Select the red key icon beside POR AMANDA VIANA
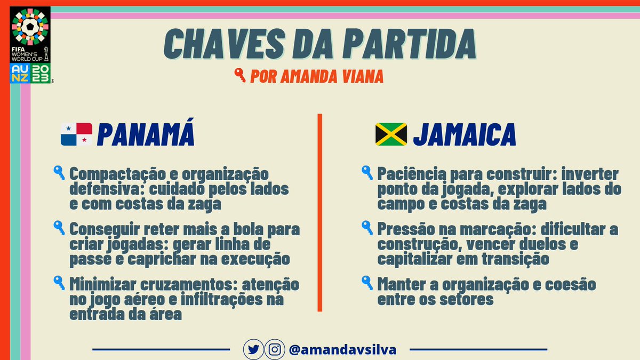click(x=240, y=76)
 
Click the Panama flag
click(x=76, y=134)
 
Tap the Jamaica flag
click(x=391, y=134)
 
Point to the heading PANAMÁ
click(x=146, y=135)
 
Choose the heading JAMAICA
click(x=464, y=135)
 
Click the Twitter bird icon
click(x=253, y=350)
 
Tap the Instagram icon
click(x=275, y=350)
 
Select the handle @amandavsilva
click(x=342, y=350)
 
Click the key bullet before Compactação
click(x=59, y=173)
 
